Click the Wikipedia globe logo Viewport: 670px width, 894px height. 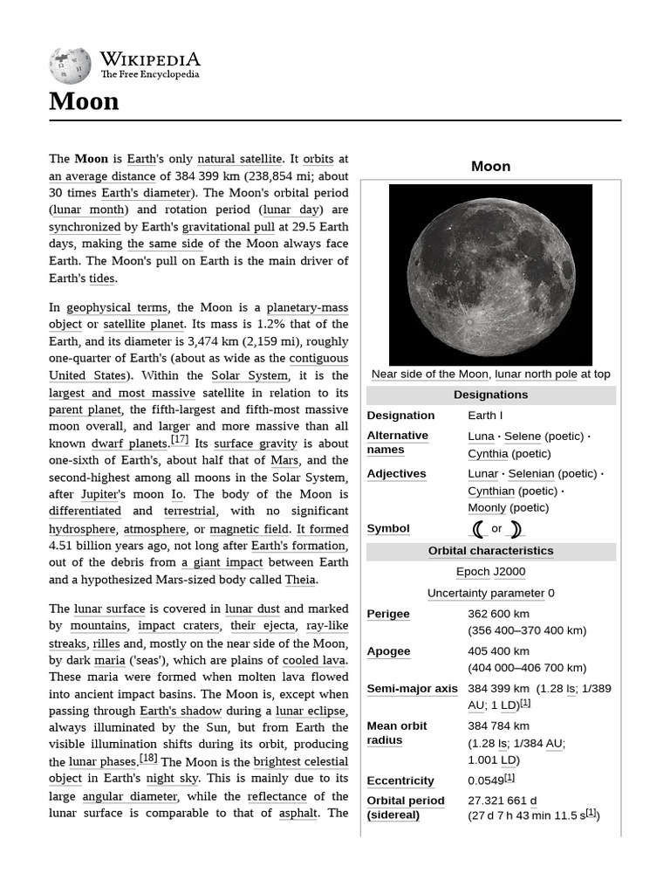click(71, 65)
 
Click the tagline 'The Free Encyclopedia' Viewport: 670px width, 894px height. click(149, 75)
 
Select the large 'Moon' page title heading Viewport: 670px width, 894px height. click(84, 101)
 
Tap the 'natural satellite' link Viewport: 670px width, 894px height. click(240, 159)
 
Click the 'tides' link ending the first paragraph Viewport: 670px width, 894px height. click(102, 278)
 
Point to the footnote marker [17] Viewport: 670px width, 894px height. click(180, 439)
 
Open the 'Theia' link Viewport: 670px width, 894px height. click(301, 579)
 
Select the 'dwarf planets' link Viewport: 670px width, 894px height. click(130, 444)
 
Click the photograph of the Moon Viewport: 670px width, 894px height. click(490, 274)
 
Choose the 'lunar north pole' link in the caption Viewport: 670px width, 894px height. click(536, 374)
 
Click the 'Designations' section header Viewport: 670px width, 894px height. click(490, 395)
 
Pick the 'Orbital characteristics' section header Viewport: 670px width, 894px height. click(490, 551)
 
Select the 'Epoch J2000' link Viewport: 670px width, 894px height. click(490, 572)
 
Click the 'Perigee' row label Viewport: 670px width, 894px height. click(388, 614)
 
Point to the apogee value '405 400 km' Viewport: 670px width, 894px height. click(498, 651)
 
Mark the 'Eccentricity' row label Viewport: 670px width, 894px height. click(400, 781)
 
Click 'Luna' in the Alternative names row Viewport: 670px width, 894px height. click(481, 436)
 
